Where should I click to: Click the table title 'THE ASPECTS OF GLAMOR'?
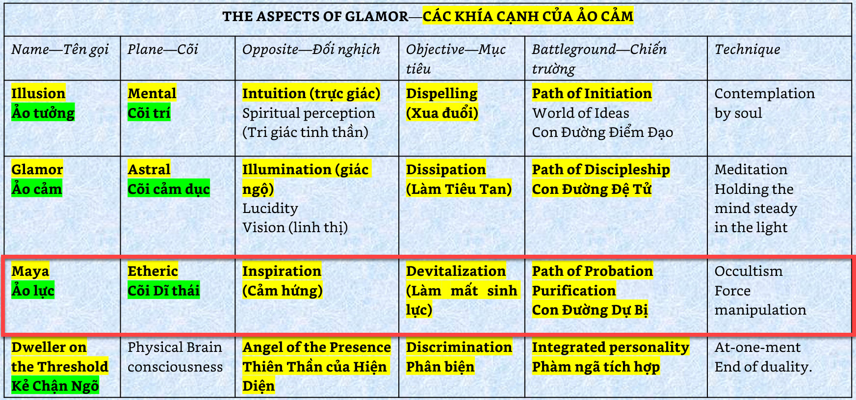[315, 17]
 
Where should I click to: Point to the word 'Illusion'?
[38, 93]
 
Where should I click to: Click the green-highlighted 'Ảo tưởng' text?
[43, 112]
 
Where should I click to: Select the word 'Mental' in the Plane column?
[152, 93]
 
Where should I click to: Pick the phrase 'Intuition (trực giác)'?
[311, 93]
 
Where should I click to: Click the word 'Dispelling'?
[441, 93]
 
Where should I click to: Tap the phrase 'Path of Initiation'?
[592, 93]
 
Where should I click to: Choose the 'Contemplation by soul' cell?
[764, 103]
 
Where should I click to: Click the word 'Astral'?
[149, 169]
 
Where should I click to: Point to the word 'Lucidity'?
[270, 208]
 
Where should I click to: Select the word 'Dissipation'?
[446, 169]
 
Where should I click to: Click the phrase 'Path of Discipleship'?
[601, 169]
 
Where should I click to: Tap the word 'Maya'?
[30, 271]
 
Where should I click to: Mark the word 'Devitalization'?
[456, 271]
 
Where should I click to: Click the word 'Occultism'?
[749, 271]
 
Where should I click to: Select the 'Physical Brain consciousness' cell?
[175, 357]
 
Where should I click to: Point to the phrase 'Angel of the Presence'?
[317, 347]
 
